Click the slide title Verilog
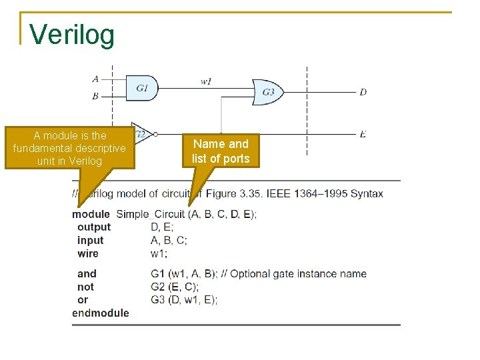pos(72,35)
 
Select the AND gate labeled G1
pos(141,87)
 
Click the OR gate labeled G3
pos(267,92)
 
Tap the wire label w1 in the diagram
pos(207,81)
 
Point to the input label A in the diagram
pos(95,79)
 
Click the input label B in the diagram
pos(95,96)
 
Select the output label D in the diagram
pos(363,92)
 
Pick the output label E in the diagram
pos(363,134)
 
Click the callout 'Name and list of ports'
pos(221,151)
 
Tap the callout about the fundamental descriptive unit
pos(69,149)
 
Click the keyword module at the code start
pos(91,214)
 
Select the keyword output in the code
pos(94,227)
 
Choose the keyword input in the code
pos(91,241)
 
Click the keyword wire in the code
pos(88,254)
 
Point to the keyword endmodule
pos(101,313)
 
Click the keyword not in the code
pos(86,287)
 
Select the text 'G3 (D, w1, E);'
pos(184,300)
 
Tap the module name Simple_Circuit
pos(151,214)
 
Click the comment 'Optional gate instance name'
pos(299,273)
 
